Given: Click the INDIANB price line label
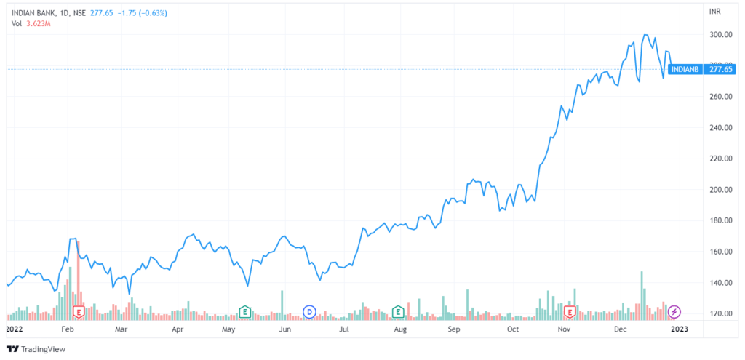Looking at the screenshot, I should point(687,70).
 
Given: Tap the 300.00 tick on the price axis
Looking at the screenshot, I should point(720,35).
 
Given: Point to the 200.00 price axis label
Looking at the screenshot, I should point(720,190).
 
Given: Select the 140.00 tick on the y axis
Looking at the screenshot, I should point(720,283).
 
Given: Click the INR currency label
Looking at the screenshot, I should point(714,12).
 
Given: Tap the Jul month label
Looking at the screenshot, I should point(344,329).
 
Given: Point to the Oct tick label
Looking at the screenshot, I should point(513,329).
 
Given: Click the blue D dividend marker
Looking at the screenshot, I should point(309,312).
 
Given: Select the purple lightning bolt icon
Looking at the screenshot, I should point(674,312).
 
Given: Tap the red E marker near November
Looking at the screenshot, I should point(571,312).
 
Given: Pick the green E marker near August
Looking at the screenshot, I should point(398,312).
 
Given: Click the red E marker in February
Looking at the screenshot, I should point(79,312).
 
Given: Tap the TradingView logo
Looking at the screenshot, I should point(36,348).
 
